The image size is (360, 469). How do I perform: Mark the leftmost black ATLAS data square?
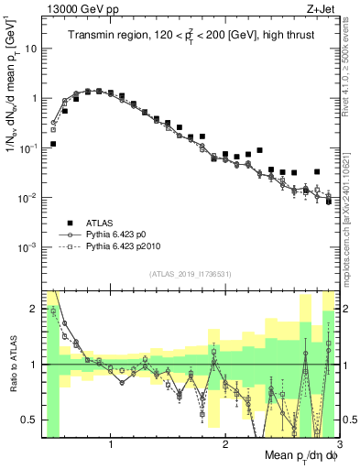53,144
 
